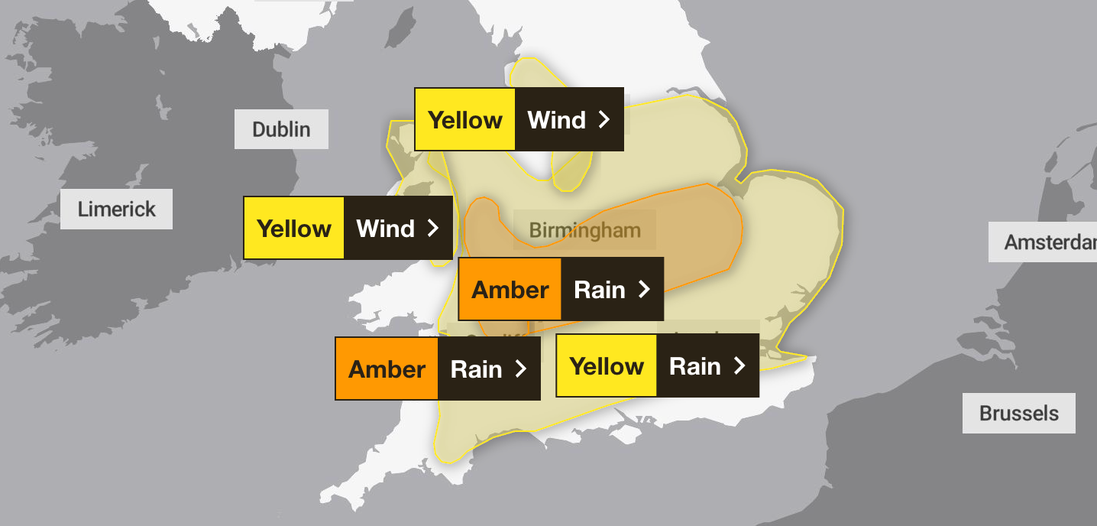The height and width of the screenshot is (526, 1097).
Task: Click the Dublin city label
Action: point(281,129)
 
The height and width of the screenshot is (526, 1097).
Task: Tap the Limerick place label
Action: point(116,209)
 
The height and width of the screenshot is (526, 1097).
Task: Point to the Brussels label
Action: point(1018,414)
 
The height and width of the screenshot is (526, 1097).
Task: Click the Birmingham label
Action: point(584,230)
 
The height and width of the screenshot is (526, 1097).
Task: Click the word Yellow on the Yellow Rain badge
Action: point(607,366)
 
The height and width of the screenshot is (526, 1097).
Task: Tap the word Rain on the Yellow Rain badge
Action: point(695,366)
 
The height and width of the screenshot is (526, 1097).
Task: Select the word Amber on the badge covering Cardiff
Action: point(387,369)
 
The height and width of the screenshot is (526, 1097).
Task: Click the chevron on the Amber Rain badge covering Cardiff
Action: point(521,369)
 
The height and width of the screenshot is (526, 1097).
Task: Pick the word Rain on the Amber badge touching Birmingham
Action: point(600,290)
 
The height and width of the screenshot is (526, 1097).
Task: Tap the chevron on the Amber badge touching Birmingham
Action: point(644,290)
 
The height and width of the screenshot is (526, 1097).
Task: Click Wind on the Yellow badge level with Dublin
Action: point(556,120)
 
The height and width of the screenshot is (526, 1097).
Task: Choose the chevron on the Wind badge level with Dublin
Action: point(604,120)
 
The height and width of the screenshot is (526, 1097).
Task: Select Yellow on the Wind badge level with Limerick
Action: point(294,229)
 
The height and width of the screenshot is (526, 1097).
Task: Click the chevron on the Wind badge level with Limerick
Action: point(433,229)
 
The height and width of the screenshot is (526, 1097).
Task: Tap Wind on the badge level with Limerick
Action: point(385,229)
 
